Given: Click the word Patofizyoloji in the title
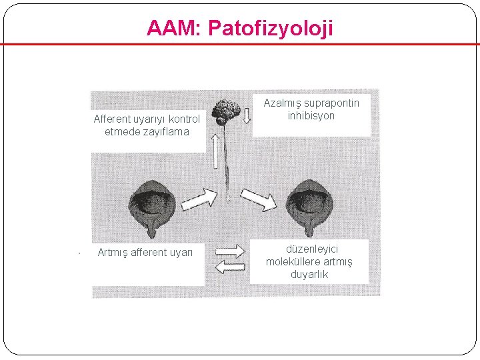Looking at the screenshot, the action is [271, 28].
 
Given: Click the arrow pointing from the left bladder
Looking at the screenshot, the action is [199, 199].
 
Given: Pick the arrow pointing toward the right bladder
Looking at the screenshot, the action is [258, 199].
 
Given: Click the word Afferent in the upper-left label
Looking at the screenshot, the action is [115, 119].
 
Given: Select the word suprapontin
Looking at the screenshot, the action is [331, 103].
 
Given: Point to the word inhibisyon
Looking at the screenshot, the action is [311, 115].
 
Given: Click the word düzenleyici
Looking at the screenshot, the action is [309, 249].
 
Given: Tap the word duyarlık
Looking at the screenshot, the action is [309, 274].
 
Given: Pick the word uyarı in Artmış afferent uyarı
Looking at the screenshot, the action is [179, 252].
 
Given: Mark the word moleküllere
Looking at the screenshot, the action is [291, 261].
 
